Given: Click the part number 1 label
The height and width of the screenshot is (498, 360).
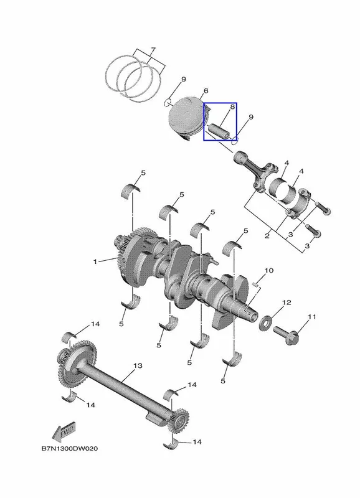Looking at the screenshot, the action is click(95, 261).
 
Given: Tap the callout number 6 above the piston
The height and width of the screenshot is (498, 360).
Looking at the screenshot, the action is click(206, 91).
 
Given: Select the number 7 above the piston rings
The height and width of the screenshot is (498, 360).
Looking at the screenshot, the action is click(153, 50).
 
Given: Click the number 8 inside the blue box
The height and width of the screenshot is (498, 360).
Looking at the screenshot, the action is click(232, 106).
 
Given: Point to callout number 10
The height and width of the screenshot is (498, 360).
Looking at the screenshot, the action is click(268, 270).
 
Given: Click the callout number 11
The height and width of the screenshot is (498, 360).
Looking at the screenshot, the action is click(311, 317).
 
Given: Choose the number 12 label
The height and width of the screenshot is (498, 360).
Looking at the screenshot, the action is click(287, 302).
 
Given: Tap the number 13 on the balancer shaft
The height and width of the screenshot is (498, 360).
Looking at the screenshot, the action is click(138, 365).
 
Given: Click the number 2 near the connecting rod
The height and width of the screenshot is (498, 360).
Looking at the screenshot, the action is click(267, 236).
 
